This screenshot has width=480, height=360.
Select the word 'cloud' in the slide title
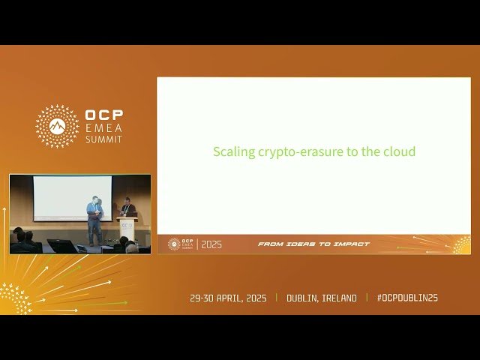tap(397, 152)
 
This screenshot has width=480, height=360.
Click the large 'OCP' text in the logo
tap(103, 115)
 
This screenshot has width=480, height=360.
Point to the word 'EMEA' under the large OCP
tap(103, 129)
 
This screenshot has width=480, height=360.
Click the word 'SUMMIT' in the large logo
tap(103, 139)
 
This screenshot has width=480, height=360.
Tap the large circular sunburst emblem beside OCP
tap(57, 126)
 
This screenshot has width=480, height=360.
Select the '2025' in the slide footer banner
tap(211, 244)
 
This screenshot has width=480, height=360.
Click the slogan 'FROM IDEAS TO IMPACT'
tap(313, 244)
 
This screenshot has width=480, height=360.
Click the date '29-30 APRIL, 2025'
tap(229, 298)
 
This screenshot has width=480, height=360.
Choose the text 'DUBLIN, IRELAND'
tap(322, 298)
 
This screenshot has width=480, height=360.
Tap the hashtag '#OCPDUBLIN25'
tap(407, 298)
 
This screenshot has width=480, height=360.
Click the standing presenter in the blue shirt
tap(94, 220)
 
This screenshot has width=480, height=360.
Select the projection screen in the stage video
tap(72, 197)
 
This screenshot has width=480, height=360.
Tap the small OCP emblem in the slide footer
tap(174, 244)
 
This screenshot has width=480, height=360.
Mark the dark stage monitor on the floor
tap(63, 246)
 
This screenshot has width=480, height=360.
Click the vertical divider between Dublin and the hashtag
tap(367, 298)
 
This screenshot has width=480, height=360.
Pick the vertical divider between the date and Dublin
tap(276, 298)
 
